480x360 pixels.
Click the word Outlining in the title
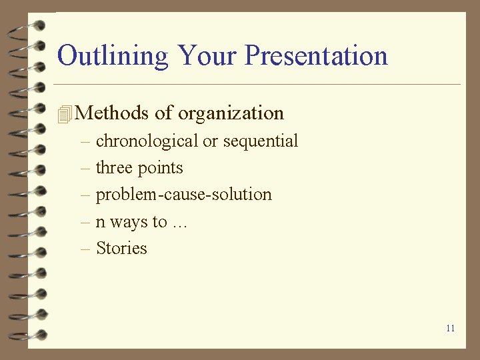coord(113,55)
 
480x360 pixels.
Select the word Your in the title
coord(207,55)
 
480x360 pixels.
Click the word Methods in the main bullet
coord(112,113)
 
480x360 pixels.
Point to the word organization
coord(231,113)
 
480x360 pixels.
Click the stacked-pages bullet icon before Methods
coord(65,114)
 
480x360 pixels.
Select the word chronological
coord(147,141)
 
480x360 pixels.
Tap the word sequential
coord(261,141)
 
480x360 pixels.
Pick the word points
coord(161,168)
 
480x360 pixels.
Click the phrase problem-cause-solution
coord(184,195)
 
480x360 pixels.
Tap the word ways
coord(129,222)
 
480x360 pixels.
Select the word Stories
coord(121,249)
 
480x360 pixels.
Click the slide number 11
coord(451,328)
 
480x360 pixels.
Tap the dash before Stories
coord(85,249)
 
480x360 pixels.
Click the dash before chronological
coord(85,141)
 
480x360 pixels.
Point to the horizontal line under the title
coord(257,85)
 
